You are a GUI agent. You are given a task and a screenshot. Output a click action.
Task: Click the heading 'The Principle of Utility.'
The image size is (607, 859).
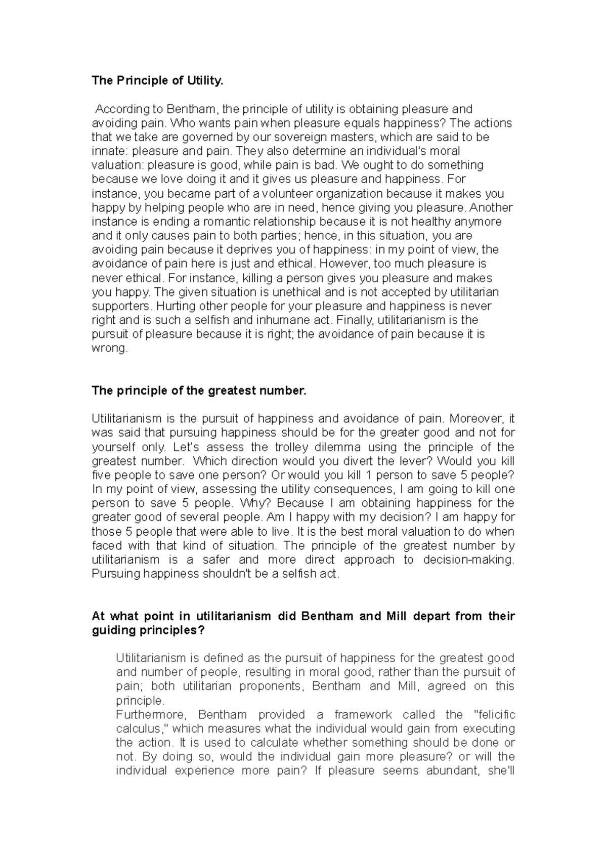[157, 81]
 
